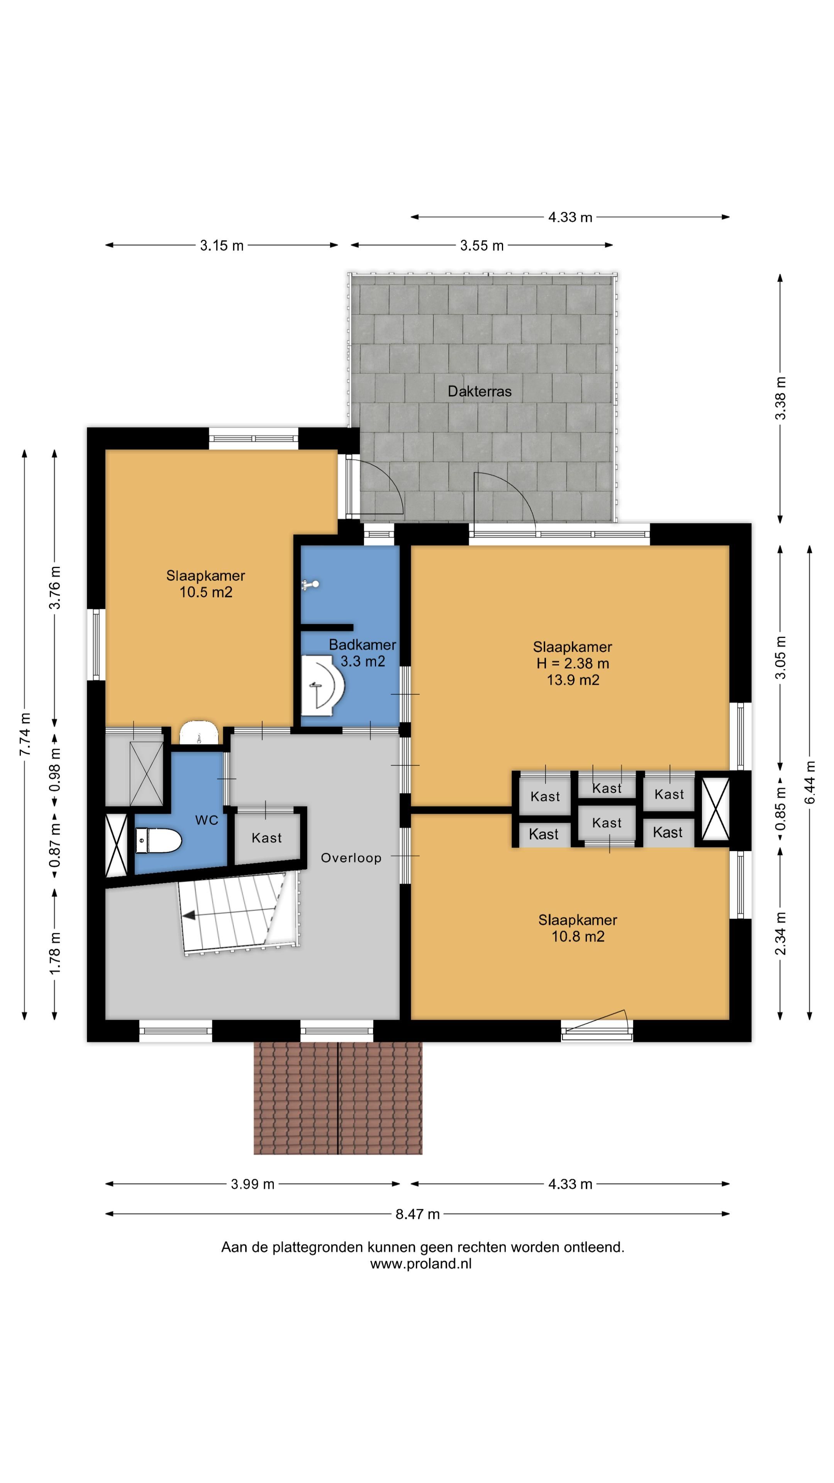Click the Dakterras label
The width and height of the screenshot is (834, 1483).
[480, 392]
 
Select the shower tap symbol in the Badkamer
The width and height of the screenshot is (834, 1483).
[311, 585]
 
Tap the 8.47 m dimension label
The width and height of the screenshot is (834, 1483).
[417, 1214]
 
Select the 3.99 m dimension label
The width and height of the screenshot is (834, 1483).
[253, 1184]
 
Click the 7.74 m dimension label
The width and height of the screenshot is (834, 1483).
[25, 735]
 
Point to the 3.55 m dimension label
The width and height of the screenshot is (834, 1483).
[482, 246]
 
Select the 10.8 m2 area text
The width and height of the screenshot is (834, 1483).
[578, 937]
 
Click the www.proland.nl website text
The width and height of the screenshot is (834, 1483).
[421, 1264]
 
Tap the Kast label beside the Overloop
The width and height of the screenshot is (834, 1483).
[266, 838]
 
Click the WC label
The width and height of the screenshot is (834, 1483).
[207, 820]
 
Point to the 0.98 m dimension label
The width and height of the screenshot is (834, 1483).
[55, 769]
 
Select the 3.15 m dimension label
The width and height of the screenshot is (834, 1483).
[222, 246]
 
